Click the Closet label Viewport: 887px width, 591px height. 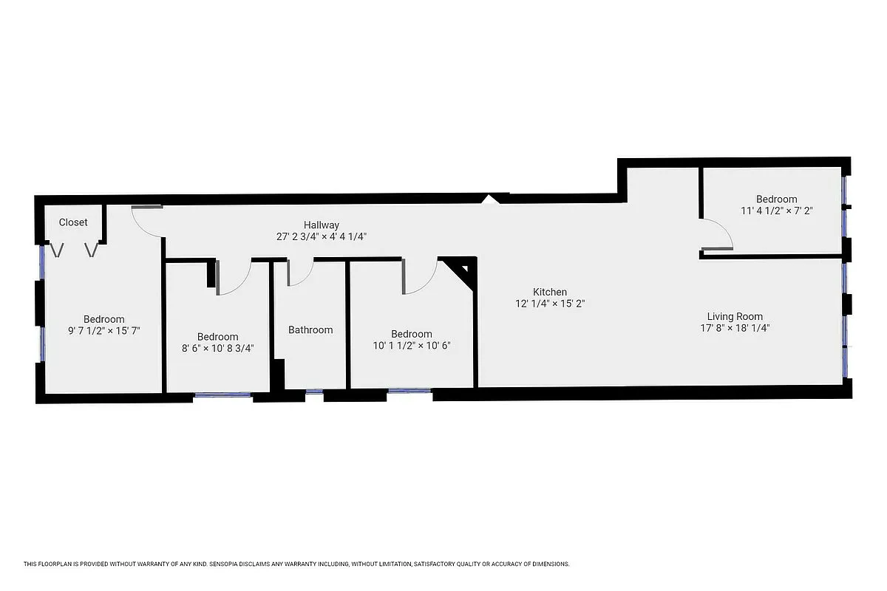[73, 222]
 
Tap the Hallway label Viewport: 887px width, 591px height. [322, 225]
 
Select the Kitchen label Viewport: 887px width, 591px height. [551, 293]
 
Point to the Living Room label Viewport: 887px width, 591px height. [735, 317]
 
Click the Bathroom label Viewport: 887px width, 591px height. [310, 330]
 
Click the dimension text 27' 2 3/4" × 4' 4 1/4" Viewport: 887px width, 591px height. [322, 237]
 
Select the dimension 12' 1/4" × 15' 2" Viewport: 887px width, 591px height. [551, 304]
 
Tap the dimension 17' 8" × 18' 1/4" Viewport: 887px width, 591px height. [735, 328]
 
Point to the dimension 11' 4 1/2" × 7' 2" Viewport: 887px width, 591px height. [776, 211]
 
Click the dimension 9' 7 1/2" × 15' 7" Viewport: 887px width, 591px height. [103, 331]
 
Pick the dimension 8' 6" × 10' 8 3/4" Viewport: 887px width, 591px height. [217, 349]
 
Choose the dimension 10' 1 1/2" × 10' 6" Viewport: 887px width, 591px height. [412, 345]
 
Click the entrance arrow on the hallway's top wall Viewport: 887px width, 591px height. [489, 199]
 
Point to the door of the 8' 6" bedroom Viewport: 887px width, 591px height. [235, 279]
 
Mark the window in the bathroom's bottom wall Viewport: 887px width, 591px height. [314, 392]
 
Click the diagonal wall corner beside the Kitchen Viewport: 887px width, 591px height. [463, 270]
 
